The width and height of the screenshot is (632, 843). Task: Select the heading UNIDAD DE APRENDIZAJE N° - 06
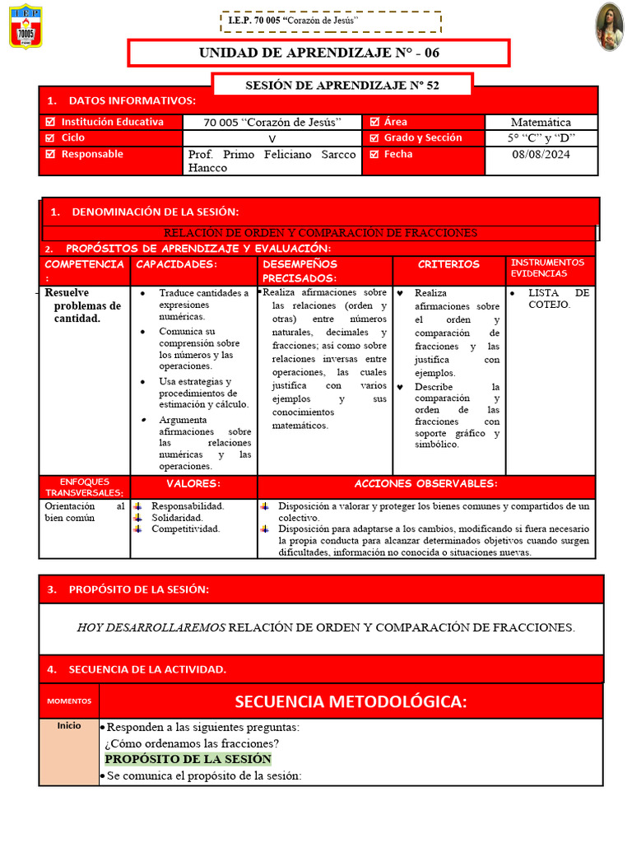click(x=318, y=53)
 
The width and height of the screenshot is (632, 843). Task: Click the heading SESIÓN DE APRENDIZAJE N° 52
click(x=342, y=85)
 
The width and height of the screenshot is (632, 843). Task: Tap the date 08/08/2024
click(x=541, y=154)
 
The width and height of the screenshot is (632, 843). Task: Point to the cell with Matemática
click(x=541, y=122)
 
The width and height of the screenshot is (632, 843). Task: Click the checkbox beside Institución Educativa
click(x=50, y=122)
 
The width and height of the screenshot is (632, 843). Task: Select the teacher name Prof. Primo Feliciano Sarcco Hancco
click(x=272, y=161)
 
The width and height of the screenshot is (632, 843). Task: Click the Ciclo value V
click(x=272, y=138)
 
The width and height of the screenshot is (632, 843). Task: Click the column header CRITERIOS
click(x=448, y=264)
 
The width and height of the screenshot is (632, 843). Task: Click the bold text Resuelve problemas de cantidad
click(x=82, y=305)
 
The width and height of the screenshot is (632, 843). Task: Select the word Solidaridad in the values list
click(x=177, y=518)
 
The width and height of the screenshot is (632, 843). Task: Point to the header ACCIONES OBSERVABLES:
click(x=425, y=483)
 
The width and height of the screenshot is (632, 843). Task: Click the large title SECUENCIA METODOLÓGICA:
click(x=351, y=701)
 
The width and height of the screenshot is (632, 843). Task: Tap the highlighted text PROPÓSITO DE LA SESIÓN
click(x=188, y=759)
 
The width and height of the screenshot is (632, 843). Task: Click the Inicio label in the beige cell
click(x=69, y=727)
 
